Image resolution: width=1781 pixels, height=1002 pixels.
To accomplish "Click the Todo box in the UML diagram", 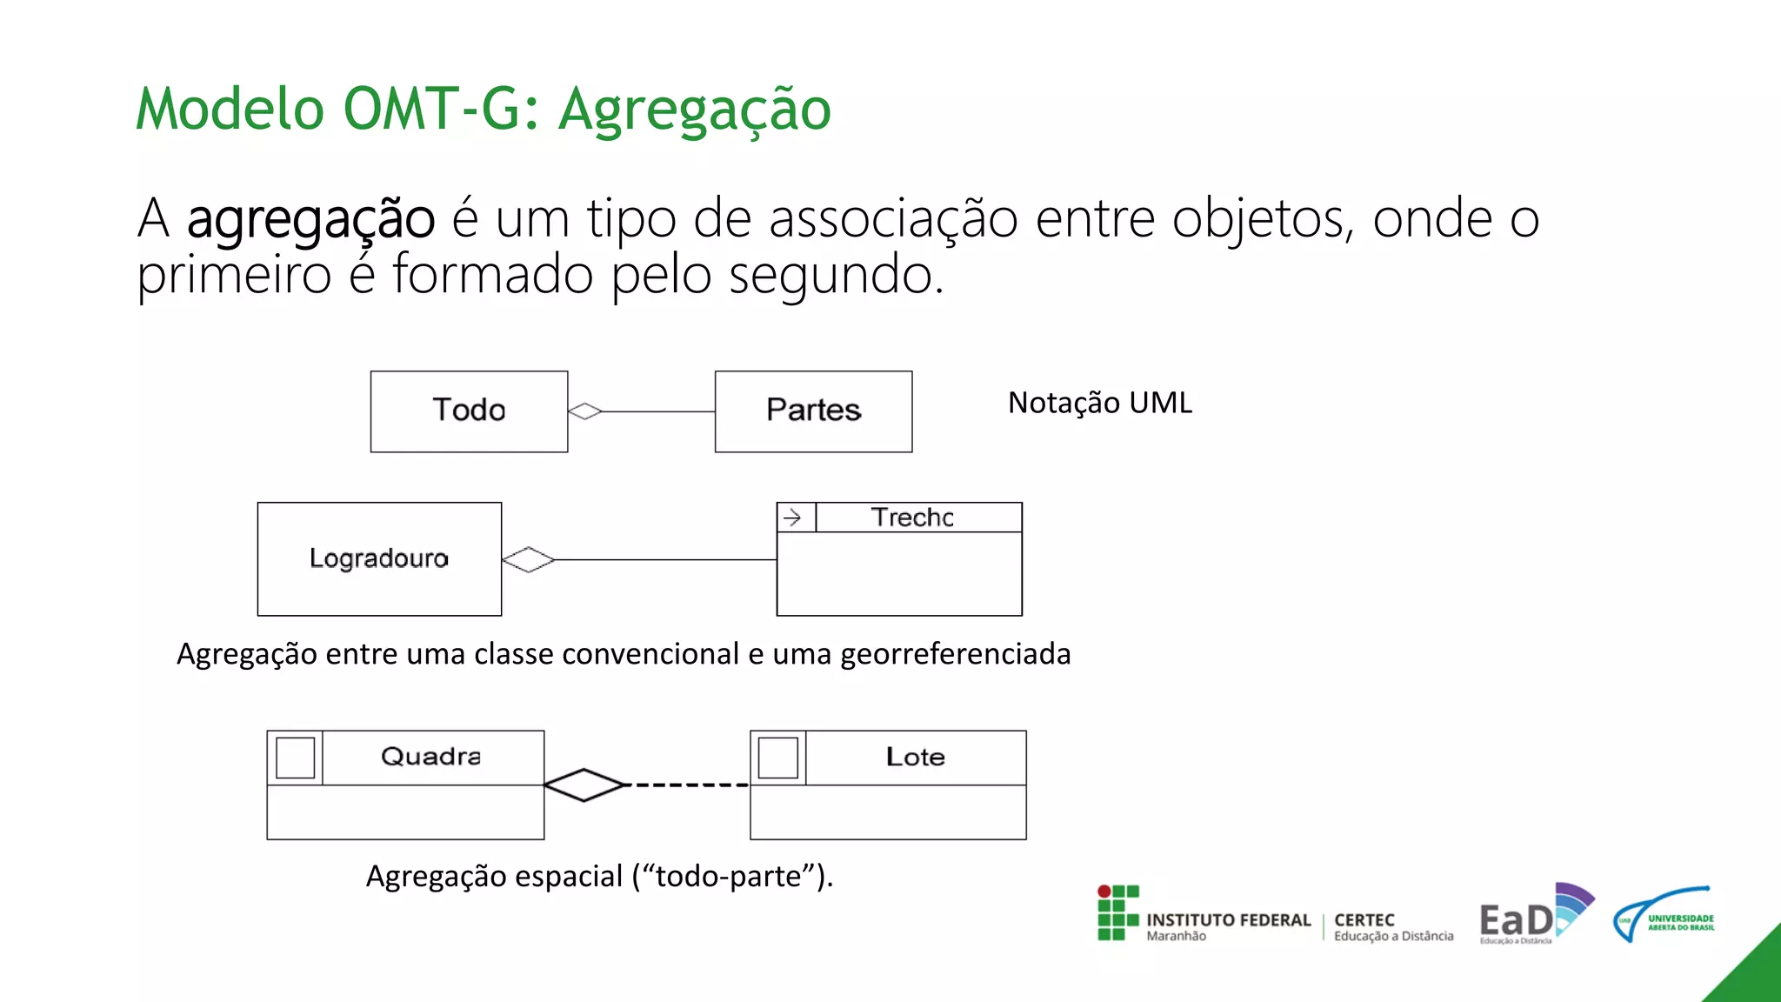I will coord(469,411).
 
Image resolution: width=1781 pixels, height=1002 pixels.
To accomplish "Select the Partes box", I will coord(813,411).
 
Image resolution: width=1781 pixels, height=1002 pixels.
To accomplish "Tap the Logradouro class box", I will coord(379,559).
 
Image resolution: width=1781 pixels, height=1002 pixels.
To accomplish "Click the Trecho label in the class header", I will coord(912,518).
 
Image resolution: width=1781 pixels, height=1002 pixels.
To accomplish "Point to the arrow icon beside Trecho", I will coord(793,518).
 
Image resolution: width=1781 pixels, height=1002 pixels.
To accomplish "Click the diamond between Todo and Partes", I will coord(585,411).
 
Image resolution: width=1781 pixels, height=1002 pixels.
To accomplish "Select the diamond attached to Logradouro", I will coord(529,560).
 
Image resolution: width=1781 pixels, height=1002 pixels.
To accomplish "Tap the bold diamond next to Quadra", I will coord(584,785).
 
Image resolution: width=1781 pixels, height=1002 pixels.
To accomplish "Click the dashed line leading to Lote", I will coord(687,785).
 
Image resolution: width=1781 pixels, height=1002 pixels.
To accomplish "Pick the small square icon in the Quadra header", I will coord(295,758).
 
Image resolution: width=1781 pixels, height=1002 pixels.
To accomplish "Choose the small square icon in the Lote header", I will coord(777,758).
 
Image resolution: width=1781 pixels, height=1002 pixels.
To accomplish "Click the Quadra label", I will coord(430,757).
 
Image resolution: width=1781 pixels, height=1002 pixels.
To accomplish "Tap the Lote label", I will coord(915,757).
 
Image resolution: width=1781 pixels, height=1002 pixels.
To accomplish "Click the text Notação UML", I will coord(1099,403).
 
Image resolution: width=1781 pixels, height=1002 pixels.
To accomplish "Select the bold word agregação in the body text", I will coord(310,218).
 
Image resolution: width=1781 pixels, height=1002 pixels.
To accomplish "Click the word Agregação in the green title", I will coord(694,110).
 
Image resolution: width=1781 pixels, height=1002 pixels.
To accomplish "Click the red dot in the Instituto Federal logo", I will coord(1104,892).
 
